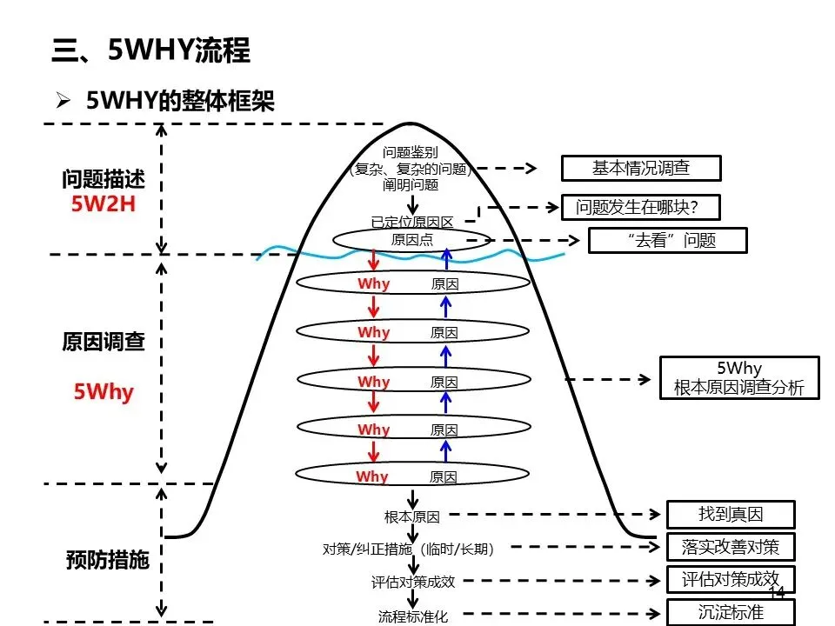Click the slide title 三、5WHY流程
150,50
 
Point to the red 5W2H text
104,203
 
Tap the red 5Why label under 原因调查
104,392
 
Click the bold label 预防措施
108,560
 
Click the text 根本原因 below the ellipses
412,516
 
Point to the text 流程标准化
413,616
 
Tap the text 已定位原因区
412,222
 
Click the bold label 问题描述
104,179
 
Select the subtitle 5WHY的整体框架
181,101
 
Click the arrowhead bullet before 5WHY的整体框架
63,100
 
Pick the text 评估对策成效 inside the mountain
413,582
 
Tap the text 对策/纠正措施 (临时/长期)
409,549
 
